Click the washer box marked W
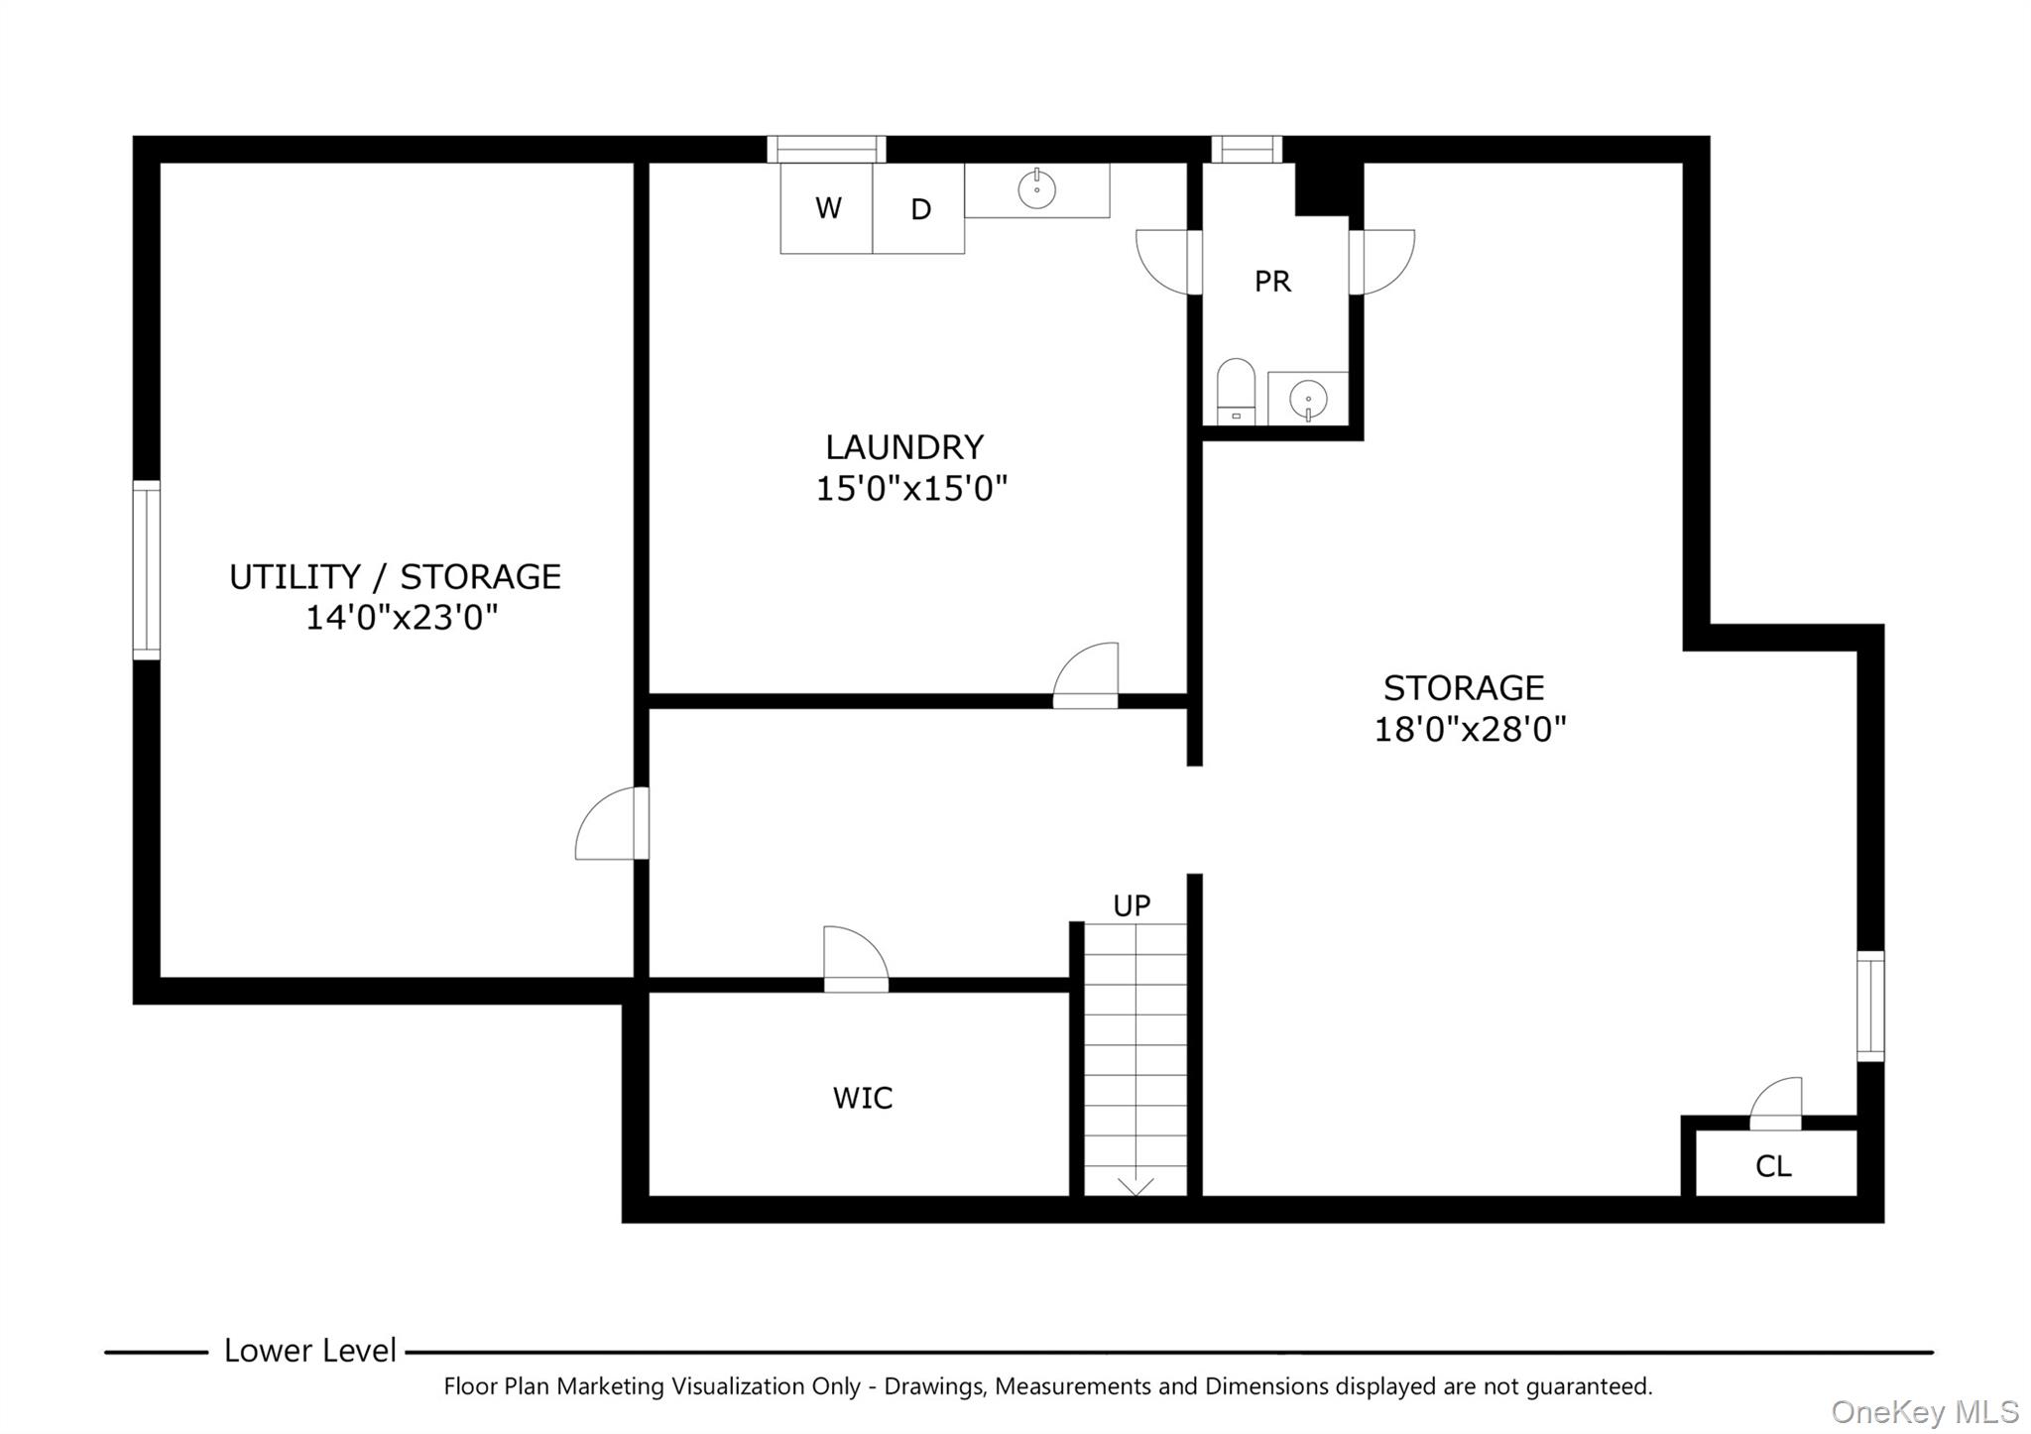point(826,208)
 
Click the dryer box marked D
point(919,209)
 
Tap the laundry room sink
point(1036,189)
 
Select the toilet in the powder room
point(1236,392)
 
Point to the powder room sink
point(1307,400)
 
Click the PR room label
point(1272,282)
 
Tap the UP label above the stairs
point(1132,905)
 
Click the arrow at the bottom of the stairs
point(1135,1186)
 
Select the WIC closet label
point(863,1098)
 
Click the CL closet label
point(1773,1166)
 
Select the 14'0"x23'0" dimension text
point(401,618)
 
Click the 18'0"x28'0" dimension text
point(1470,730)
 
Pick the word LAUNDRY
point(904,447)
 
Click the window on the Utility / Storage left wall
point(147,570)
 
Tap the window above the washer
point(826,150)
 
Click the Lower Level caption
point(309,1351)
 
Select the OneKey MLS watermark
point(1924,1412)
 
